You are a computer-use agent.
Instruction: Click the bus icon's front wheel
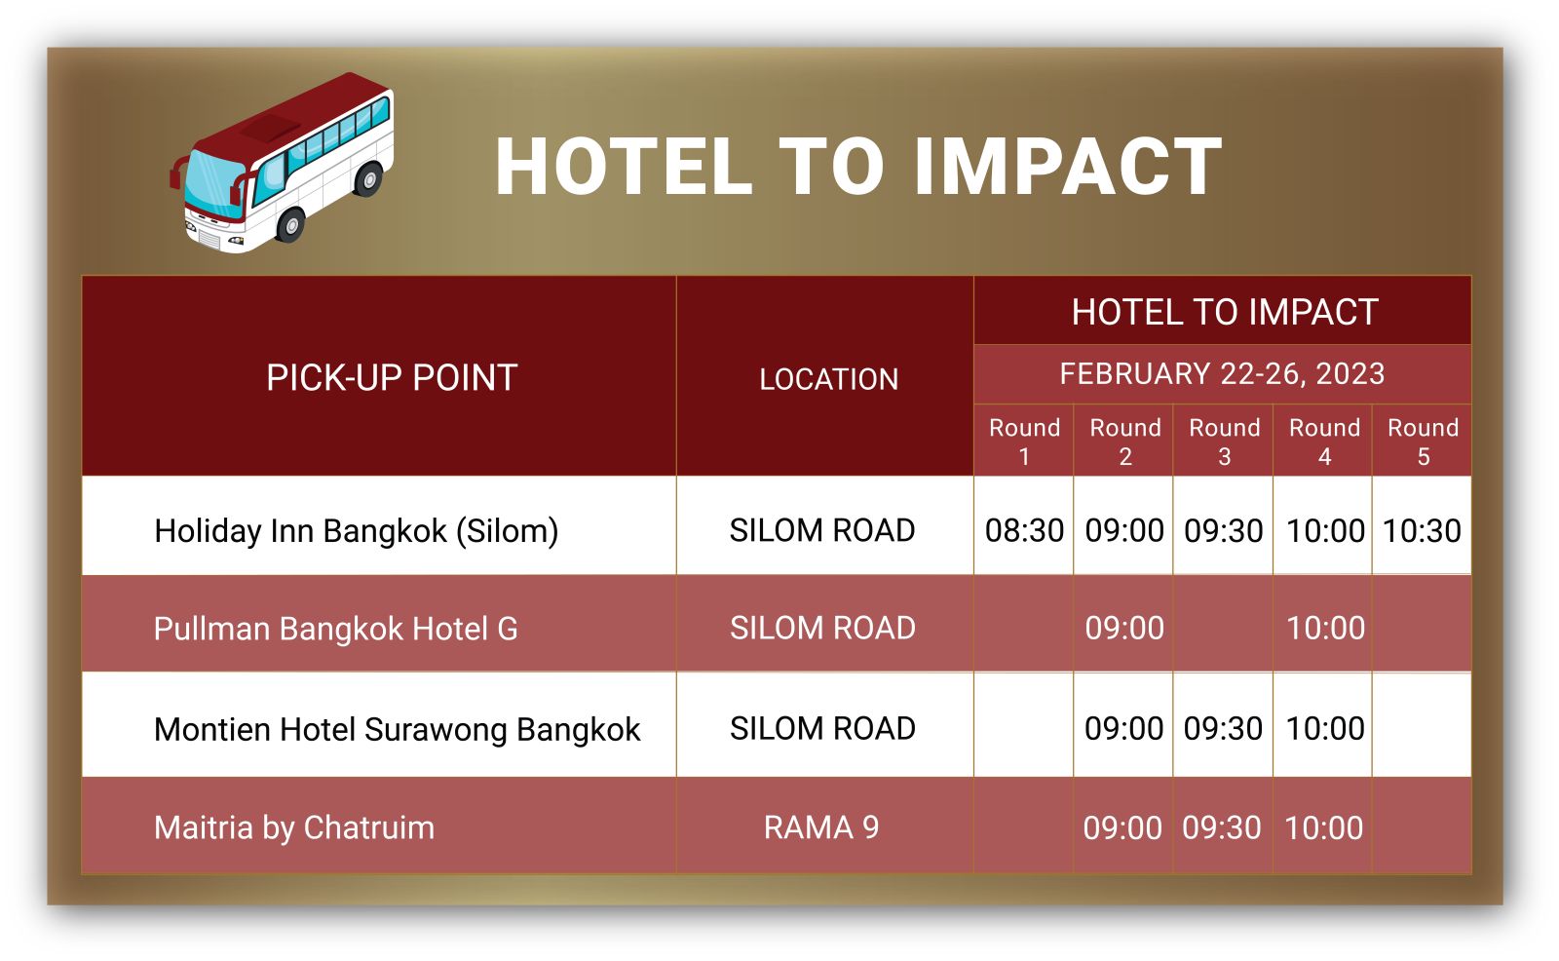291,225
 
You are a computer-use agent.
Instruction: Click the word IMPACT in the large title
1068,167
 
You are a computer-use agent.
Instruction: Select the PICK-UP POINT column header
392,377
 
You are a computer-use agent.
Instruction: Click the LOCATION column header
828,379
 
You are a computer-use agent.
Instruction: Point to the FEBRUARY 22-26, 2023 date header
1222,374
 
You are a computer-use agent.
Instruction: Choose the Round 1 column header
1024,442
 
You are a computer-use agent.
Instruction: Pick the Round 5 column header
1424,442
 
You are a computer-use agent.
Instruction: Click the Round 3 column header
1224,442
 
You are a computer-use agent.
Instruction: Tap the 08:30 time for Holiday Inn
1024,530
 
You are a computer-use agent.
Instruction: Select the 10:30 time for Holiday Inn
1422,530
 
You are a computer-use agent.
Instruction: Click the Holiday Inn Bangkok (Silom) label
357,531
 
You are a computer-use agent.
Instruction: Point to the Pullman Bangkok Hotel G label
336,629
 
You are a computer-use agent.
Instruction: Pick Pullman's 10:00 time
1325,628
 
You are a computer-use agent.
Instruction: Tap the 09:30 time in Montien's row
1224,728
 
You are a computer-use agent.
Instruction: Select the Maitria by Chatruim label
294,828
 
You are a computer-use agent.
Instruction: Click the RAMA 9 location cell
821,828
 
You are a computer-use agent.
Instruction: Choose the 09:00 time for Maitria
1122,828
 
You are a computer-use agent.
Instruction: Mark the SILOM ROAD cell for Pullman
822,628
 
